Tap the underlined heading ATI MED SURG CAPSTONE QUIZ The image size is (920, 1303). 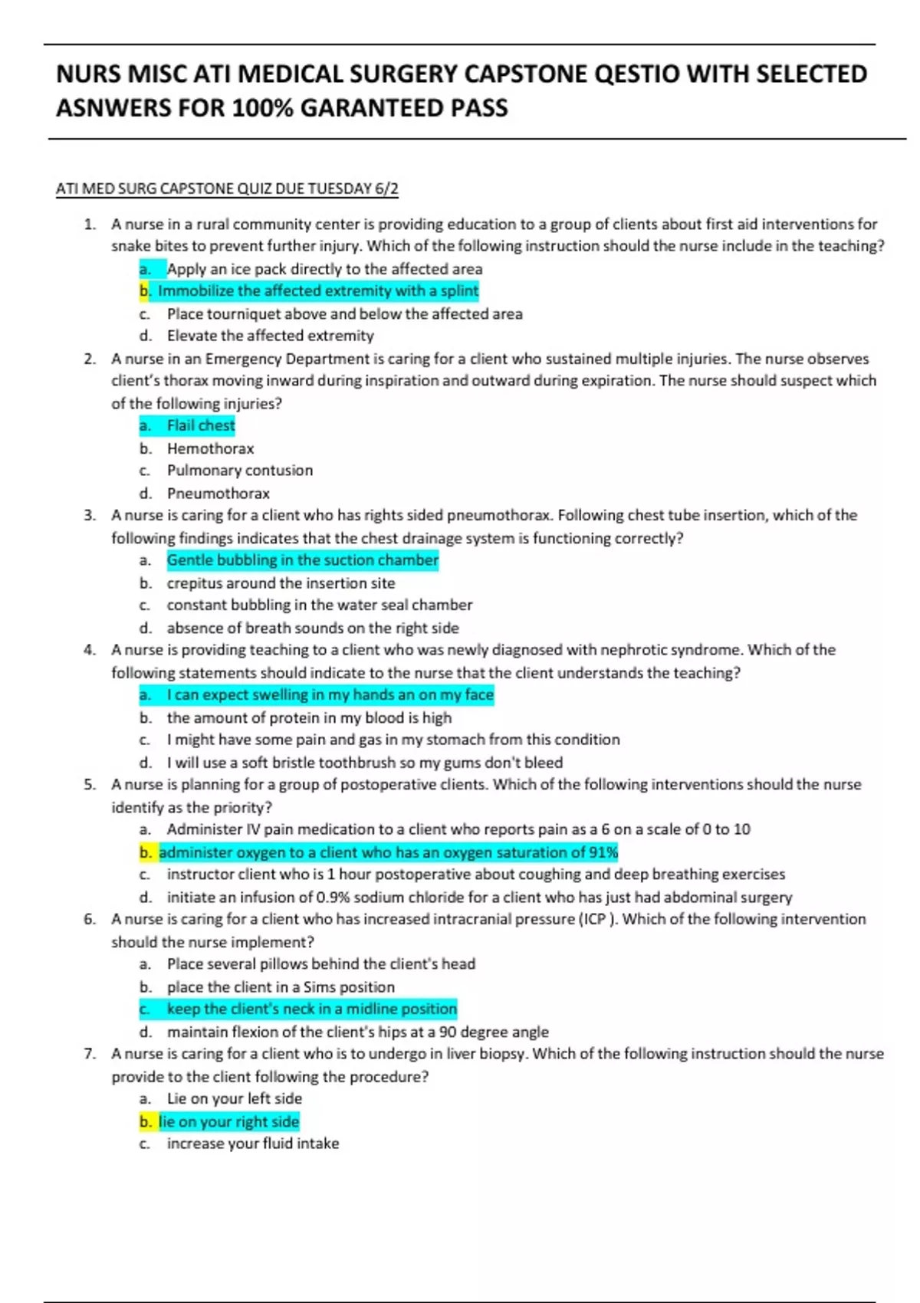(x=227, y=189)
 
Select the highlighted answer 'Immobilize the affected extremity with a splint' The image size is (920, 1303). (x=317, y=291)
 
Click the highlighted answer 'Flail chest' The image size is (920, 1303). (x=201, y=425)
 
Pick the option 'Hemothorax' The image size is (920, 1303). (x=210, y=448)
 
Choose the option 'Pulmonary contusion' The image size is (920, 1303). (x=239, y=471)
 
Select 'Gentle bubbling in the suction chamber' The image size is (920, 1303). (x=302, y=560)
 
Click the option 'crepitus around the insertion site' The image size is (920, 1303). (x=281, y=583)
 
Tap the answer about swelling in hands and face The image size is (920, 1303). (x=330, y=695)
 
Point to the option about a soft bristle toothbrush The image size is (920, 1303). (x=364, y=763)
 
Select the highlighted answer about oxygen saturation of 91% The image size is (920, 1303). (x=388, y=852)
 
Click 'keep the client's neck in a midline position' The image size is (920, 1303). (x=311, y=1009)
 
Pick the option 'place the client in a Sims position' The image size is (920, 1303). (x=281, y=987)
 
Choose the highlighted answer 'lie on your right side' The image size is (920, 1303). (x=228, y=1122)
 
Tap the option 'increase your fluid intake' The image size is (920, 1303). (x=252, y=1144)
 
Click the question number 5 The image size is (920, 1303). (x=90, y=785)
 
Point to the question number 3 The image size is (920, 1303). (x=90, y=516)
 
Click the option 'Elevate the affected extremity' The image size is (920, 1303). (x=270, y=336)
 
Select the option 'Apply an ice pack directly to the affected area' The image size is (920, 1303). (x=324, y=269)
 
